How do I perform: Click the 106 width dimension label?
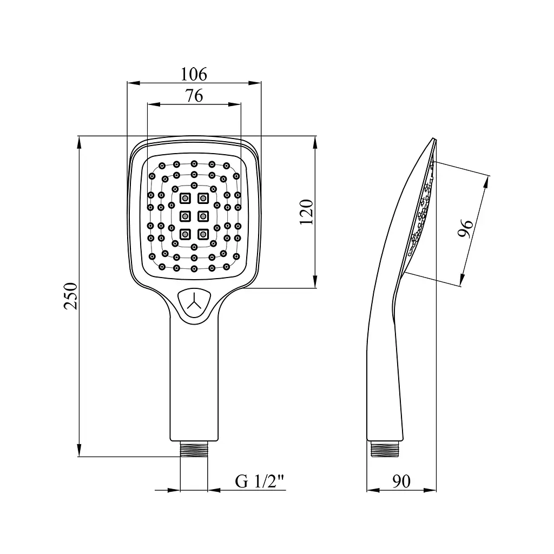pos(194,74)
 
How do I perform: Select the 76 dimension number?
pos(194,95)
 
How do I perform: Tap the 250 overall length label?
pos(71,296)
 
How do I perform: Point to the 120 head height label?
pos(307,212)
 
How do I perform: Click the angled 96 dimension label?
pos(465,228)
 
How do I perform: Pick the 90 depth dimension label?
pos(401,481)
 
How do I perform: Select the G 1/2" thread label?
pos(260,481)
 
